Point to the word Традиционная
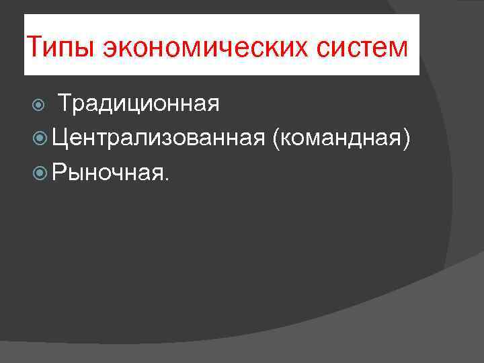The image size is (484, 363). click(138, 104)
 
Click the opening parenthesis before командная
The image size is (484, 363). click(277, 139)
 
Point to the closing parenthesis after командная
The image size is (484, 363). click(405, 139)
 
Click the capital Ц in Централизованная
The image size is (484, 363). click(61, 138)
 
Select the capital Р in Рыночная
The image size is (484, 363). click(59, 173)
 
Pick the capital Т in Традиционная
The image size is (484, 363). click(65, 104)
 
